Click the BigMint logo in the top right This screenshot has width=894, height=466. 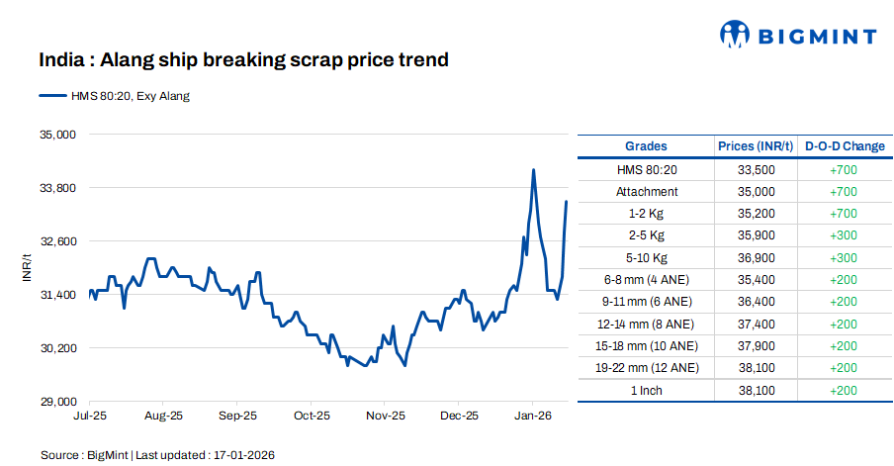(x=798, y=36)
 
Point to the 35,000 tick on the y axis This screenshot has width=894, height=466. (x=56, y=134)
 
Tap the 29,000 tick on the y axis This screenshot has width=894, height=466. (x=56, y=402)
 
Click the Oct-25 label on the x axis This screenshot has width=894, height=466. (x=312, y=417)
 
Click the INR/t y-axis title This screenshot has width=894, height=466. (x=28, y=268)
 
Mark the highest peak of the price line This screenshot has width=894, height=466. (x=533, y=170)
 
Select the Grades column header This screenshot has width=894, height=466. (x=646, y=146)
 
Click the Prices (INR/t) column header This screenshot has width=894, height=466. (x=756, y=146)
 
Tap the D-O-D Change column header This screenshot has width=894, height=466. (x=845, y=146)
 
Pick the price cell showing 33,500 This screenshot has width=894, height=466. (x=756, y=170)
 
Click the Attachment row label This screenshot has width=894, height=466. (x=647, y=192)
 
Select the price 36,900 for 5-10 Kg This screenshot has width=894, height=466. (x=756, y=258)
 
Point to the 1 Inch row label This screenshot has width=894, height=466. (x=647, y=390)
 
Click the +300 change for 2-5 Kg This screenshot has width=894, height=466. (x=845, y=235)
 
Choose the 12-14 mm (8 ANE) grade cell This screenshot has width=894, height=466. (x=647, y=324)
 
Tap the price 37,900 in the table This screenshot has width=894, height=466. (x=756, y=346)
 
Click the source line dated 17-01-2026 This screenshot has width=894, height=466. (x=157, y=455)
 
